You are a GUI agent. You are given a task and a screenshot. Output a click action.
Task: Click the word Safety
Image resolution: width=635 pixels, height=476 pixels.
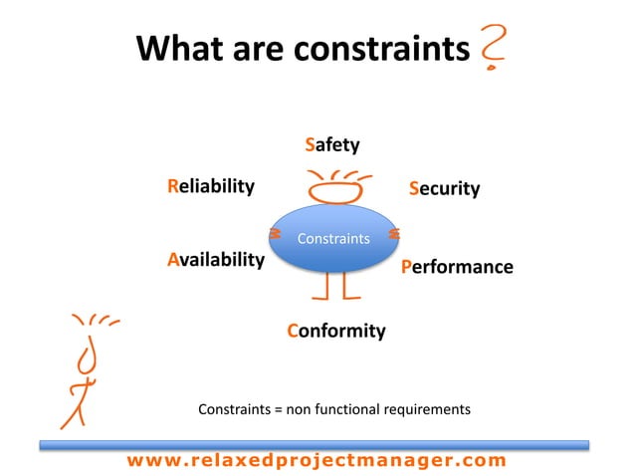coord(331,146)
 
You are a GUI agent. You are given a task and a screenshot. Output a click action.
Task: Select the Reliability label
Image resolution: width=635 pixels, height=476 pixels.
coord(211,186)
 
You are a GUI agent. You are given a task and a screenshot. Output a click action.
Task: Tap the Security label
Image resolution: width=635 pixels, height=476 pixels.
coord(444,188)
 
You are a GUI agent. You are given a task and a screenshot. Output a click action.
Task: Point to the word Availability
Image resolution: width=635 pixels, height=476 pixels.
coord(216,260)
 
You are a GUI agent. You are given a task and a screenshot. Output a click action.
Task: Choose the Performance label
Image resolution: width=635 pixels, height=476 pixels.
coord(457,267)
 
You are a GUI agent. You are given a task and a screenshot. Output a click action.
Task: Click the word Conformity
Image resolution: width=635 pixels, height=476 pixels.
coord(335,331)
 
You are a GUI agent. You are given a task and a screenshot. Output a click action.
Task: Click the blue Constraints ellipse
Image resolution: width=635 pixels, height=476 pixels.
coord(333,239)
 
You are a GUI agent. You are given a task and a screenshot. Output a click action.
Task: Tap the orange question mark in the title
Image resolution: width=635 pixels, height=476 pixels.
coord(492,47)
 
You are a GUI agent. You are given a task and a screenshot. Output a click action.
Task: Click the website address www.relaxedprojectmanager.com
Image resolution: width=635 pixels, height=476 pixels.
coord(317,460)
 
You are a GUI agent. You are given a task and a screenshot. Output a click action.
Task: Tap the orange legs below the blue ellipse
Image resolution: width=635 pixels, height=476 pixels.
coord(333,286)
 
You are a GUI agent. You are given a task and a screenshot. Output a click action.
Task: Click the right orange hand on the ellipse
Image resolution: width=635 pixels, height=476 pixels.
coord(394,234)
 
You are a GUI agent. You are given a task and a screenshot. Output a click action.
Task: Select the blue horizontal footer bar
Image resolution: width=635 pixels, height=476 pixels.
coord(317,444)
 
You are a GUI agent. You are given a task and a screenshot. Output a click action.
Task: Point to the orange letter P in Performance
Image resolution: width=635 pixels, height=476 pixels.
coord(406,267)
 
